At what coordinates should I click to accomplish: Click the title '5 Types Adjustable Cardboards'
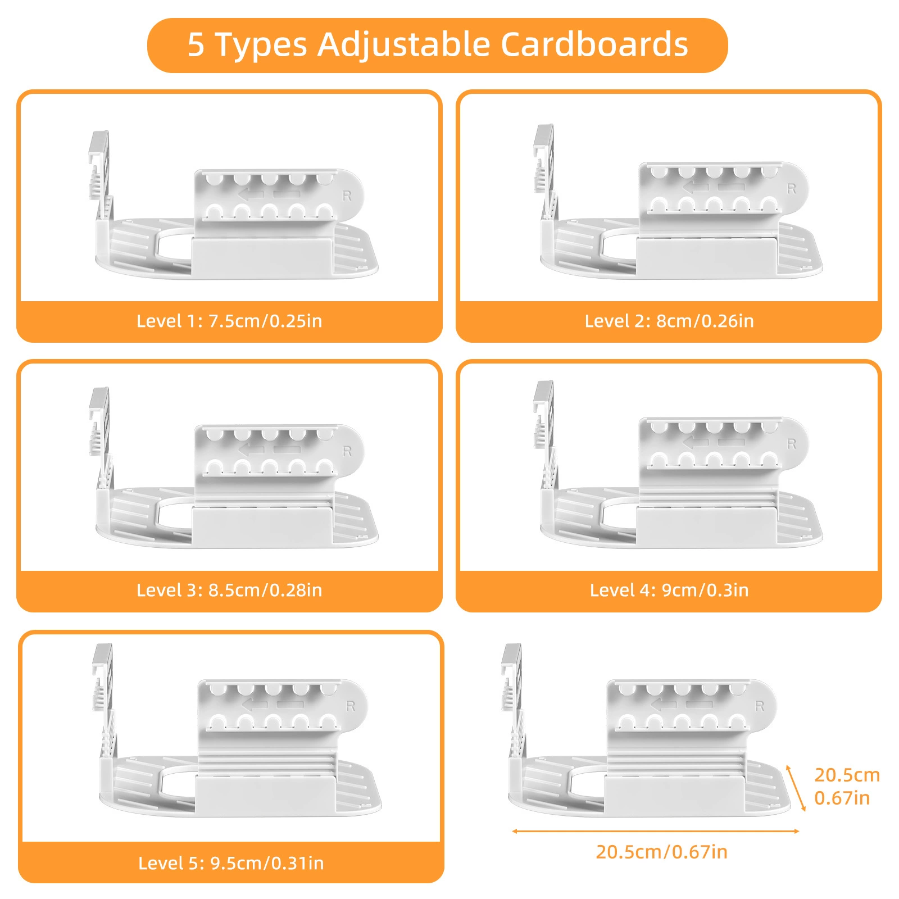coord(438,44)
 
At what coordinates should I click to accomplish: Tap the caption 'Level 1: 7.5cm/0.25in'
coord(229,321)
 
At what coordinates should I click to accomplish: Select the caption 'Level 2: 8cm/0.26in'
coord(669,321)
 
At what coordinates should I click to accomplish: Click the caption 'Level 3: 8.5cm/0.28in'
coord(229,590)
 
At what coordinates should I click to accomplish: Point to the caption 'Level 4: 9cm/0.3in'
coord(669,590)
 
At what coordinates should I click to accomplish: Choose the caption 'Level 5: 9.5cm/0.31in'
coord(231,863)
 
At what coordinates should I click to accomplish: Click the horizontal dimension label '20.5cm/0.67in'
coord(662,852)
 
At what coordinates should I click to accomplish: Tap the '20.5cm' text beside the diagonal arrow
coord(847,775)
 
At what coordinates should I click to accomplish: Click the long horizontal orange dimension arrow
coord(655,831)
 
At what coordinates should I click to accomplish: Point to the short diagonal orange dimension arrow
coord(796,788)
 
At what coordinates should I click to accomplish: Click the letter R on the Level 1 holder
coord(347,196)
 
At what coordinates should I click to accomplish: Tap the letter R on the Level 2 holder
coord(792,189)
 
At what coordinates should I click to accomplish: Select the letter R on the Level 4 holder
coord(792,444)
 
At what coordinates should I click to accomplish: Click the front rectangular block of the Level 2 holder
coord(706,257)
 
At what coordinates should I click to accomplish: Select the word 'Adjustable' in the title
coord(403,44)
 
